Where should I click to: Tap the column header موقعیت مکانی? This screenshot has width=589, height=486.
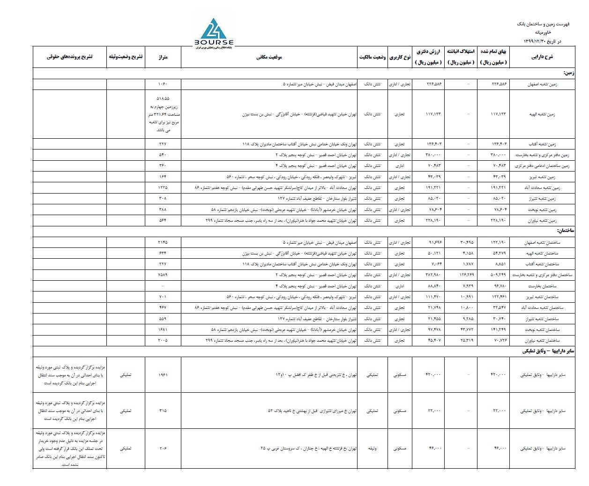click(269, 57)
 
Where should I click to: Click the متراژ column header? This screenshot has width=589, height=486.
click(163, 57)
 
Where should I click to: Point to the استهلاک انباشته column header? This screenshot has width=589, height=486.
click(460, 57)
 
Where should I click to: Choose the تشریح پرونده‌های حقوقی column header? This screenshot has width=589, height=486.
click(70, 57)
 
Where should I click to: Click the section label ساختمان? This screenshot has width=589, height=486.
click(566, 231)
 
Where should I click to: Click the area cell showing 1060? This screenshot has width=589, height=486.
click(163, 84)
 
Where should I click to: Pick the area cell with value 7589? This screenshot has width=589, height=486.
click(163, 275)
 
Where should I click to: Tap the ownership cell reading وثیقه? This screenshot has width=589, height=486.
click(373, 449)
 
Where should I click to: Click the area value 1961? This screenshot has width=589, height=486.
click(163, 375)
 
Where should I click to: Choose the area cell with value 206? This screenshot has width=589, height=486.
click(163, 449)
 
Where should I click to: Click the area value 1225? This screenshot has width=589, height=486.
click(163, 187)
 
